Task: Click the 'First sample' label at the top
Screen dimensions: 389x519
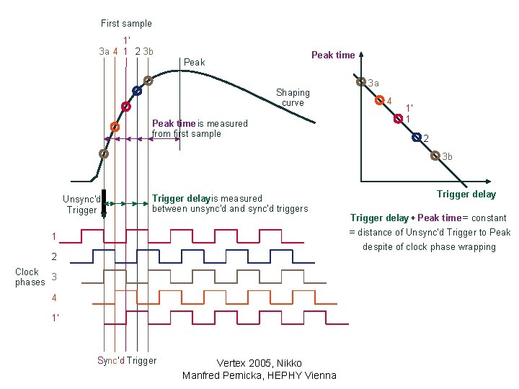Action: pyautogui.click(x=126, y=23)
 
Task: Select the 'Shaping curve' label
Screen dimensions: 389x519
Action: pyautogui.click(x=293, y=97)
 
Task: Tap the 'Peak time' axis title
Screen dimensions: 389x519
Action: pyautogui.click(x=332, y=55)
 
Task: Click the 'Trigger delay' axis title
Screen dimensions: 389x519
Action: pyautogui.click(x=466, y=194)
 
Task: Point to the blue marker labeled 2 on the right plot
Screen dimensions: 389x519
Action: pyautogui.click(x=416, y=137)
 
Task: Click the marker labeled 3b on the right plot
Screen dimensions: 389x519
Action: pyautogui.click(x=435, y=156)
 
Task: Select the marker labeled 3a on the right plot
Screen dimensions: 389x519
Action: pyautogui.click(x=362, y=82)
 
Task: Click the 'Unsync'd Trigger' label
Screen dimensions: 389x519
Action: pyautogui.click(x=81, y=205)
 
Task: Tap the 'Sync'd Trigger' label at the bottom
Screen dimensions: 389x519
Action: pyautogui.click(x=127, y=360)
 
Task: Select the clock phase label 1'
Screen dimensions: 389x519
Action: pyautogui.click(x=56, y=316)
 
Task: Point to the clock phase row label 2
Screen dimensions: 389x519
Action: pyautogui.click(x=53, y=256)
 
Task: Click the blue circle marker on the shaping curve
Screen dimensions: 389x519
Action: pyautogui.click(x=136, y=91)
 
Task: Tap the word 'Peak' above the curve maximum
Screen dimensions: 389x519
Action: pyautogui.click(x=195, y=63)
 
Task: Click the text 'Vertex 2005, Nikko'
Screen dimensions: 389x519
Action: pyautogui.click(x=259, y=363)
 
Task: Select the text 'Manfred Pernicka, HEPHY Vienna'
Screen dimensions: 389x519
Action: pyautogui.click(x=259, y=375)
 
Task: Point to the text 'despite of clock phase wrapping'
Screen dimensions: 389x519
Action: pyautogui.click(x=429, y=246)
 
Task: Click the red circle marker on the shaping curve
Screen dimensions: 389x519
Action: pyautogui.click(x=125, y=107)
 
